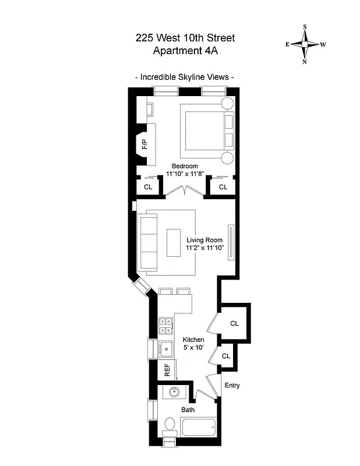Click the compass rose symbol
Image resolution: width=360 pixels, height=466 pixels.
click(x=305, y=44)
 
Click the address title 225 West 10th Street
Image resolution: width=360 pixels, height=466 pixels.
click(x=185, y=38)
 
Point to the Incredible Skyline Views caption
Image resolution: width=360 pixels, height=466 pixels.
click(x=185, y=77)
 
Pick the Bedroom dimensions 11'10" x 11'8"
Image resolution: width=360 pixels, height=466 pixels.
click(x=185, y=174)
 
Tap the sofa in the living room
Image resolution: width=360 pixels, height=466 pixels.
click(x=149, y=242)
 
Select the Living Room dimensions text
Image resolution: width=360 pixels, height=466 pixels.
click(x=205, y=243)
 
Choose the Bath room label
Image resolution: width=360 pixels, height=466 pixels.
click(x=188, y=409)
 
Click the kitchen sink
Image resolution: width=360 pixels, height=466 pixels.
click(x=165, y=349)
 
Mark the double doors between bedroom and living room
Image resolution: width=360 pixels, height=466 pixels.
click(x=185, y=192)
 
